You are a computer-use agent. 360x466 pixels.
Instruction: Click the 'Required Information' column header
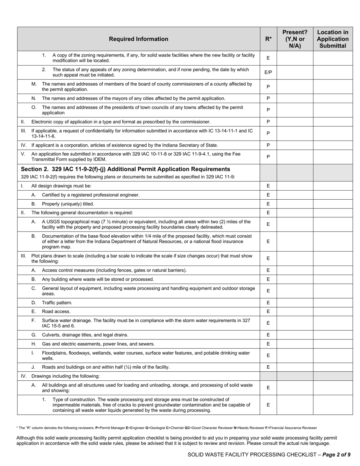coord(138,39)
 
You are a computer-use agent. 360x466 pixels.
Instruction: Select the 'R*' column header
coord(268,39)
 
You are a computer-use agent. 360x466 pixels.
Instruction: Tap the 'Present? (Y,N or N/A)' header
coord(295,39)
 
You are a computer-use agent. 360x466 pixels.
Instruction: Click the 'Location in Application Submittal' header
coord(332,39)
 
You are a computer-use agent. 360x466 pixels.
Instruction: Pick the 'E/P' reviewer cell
coord(268,72)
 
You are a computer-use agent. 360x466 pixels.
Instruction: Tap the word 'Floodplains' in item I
coord(53,353)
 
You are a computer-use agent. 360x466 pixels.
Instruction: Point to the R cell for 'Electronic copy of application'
coord(268,122)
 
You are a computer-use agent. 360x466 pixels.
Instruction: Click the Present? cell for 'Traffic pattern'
coord(295,303)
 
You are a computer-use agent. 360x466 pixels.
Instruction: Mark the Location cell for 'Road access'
coord(332,311)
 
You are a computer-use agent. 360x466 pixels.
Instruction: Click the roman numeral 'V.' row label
coord(23,154)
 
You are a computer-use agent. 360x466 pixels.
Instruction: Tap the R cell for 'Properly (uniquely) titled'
coord(268,204)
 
